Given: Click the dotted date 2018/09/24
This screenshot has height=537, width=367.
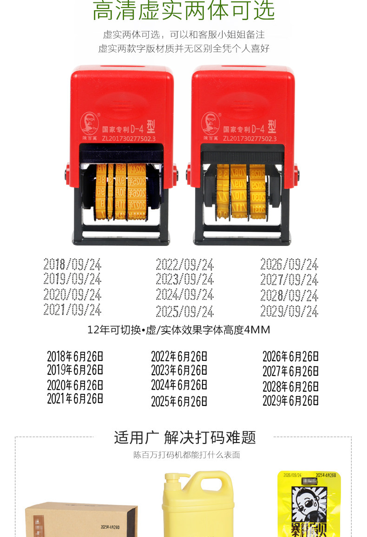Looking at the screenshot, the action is [72, 265].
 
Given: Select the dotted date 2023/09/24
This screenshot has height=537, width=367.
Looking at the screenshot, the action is [184, 279].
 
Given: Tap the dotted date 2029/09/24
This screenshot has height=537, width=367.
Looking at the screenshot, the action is [289, 311].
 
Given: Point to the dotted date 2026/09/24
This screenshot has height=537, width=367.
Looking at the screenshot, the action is [289, 265].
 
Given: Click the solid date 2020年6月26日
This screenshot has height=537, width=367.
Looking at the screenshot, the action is [75, 385].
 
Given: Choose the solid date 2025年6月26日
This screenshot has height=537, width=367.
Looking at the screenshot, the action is [179, 401].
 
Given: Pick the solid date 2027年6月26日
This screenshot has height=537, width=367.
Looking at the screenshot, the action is [290, 372].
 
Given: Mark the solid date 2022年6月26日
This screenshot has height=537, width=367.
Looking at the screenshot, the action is [179, 357].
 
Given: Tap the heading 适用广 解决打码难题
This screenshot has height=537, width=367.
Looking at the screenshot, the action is [185, 438].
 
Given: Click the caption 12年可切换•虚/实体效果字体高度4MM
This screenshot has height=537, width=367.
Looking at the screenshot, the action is [179, 330].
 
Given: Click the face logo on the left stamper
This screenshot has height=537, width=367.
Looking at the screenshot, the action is [90, 123].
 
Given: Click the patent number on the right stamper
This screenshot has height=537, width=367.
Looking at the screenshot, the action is [249, 138].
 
